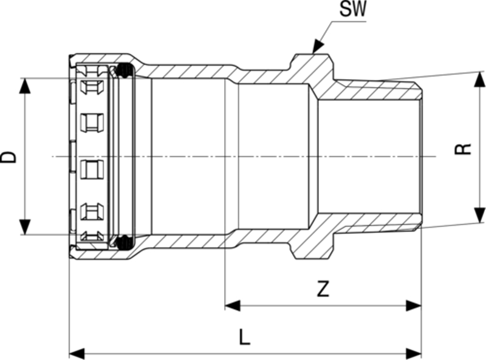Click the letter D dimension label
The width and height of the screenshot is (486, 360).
9,157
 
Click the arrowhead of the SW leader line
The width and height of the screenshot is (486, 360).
317,48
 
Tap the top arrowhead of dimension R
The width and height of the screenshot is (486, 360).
478,79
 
